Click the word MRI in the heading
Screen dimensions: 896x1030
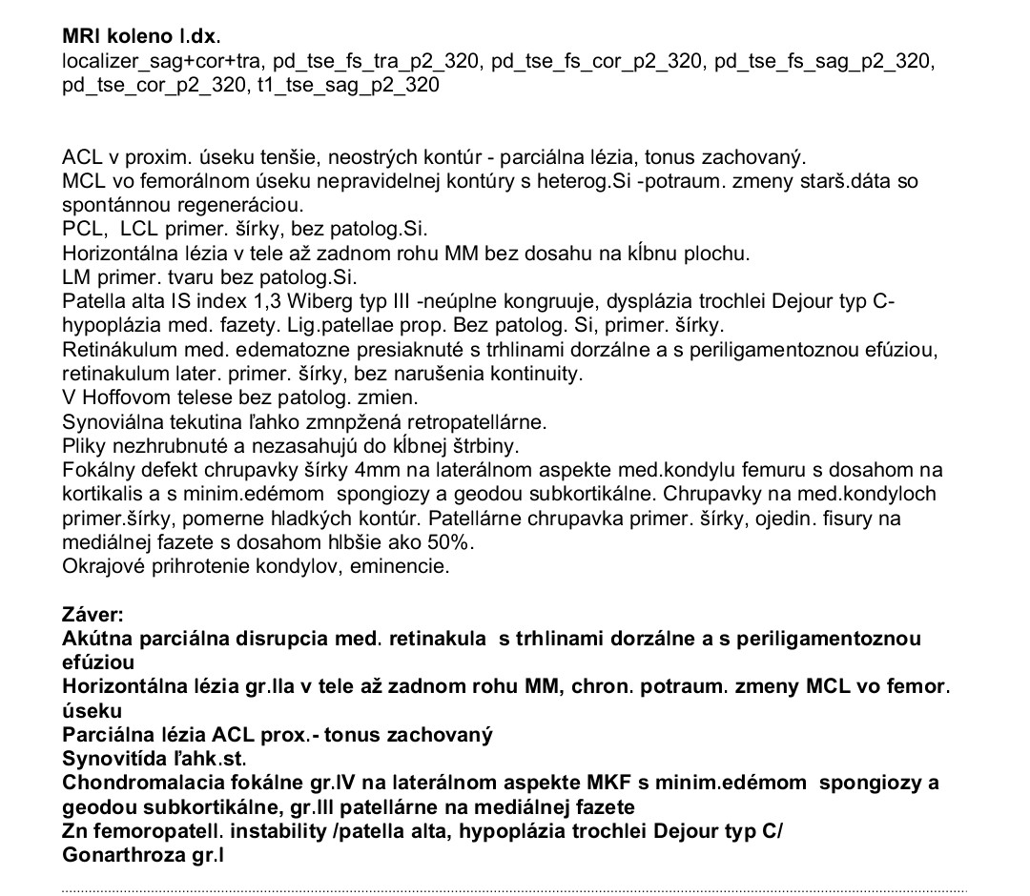(82, 38)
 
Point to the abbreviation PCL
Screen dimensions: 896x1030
(82, 229)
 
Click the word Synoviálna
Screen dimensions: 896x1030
(108, 421)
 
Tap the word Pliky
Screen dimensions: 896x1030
(83, 445)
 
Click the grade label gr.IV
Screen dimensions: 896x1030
(342, 784)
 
